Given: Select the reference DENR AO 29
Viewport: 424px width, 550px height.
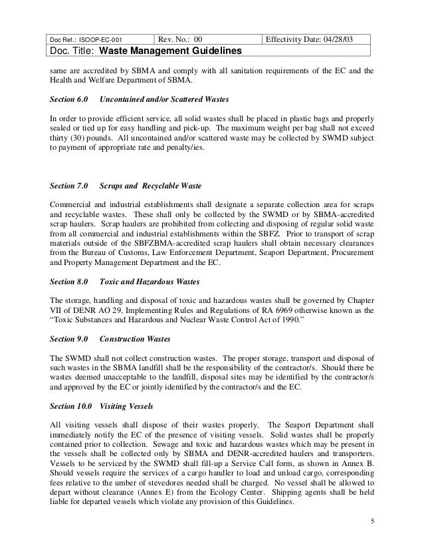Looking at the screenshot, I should click(x=100, y=310).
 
